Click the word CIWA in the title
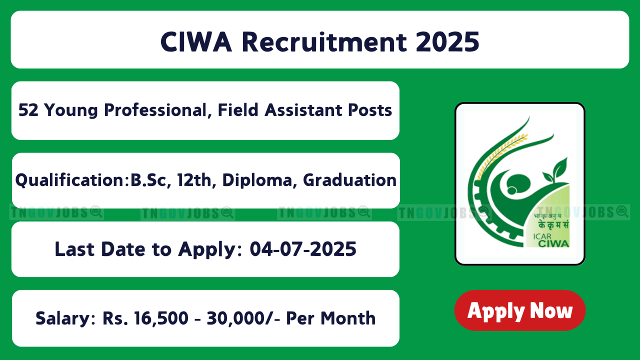click(x=196, y=42)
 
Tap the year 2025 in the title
click(x=447, y=42)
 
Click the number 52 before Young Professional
click(x=28, y=110)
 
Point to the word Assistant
click(x=303, y=110)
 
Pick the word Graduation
click(x=349, y=180)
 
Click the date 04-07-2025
click(x=303, y=249)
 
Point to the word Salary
click(x=65, y=318)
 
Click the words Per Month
click(x=330, y=318)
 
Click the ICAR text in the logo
click(x=542, y=237)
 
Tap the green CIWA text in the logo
click(x=553, y=243)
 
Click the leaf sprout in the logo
click(x=555, y=171)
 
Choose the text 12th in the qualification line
click(x=194, y=180)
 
